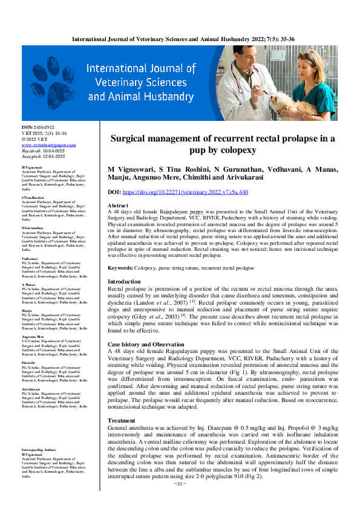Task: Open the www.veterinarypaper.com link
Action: tap(48, 145)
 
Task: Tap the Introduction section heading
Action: tap(124, 282)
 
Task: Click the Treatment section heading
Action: tap(122, 420)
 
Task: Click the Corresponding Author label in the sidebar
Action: tap(39, 450)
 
